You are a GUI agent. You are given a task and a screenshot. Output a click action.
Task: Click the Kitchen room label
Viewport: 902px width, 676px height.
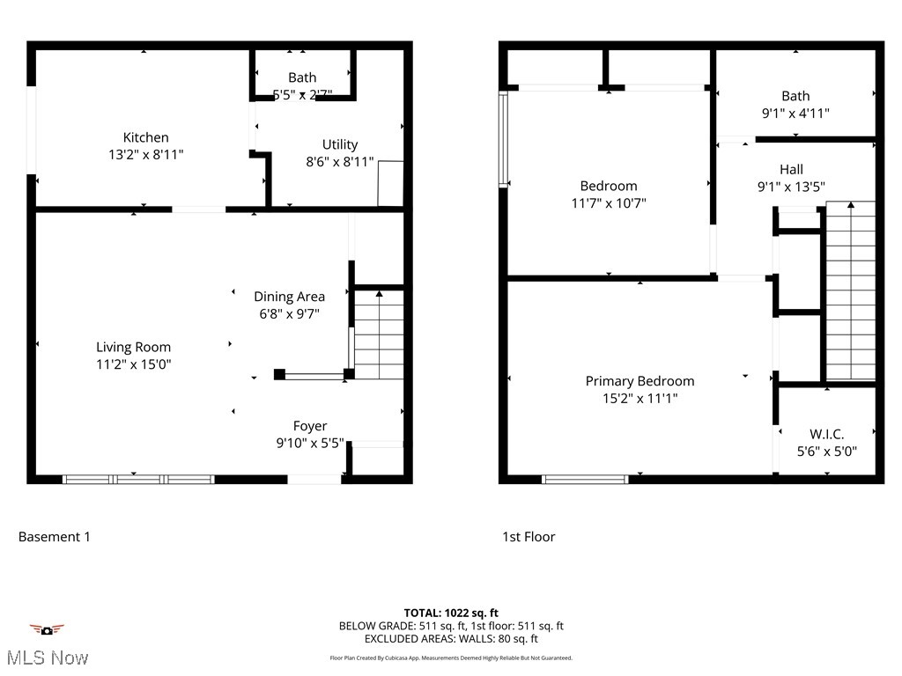(x=145, y=137)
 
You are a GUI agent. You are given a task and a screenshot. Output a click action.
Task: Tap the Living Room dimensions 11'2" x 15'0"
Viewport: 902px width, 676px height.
(x=134, y=364)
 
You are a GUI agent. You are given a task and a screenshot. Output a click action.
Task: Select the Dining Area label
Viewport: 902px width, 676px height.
(x=289, y=297)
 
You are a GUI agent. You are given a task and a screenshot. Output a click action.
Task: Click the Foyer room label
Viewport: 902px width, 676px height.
(x=310, y=426)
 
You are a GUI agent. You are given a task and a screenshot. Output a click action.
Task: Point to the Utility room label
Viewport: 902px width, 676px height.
(x=340, y=144)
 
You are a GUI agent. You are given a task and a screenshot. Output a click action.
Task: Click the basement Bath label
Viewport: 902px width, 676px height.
(x=302, y=77)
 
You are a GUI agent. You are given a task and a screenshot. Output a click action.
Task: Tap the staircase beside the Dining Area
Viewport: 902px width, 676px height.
(x=379, y=334)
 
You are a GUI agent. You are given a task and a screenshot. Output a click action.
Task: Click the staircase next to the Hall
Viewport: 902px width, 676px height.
(x=851, y=290)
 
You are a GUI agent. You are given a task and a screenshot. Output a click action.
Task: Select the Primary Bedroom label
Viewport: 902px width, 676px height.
(x=640, y=381)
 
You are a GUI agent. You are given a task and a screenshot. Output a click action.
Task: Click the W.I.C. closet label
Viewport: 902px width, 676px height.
(x=827, y=434)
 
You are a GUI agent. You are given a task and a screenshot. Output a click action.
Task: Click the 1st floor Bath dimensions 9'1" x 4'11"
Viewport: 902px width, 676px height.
(x=795, y=113)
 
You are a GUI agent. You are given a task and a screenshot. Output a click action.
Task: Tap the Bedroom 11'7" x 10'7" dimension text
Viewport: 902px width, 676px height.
(x=609, y=202)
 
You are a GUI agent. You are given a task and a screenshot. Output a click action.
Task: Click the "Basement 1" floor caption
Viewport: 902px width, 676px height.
(x=55, y=536)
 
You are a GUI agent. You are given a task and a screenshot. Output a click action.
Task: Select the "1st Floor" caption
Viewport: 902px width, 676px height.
(x=529, y=536)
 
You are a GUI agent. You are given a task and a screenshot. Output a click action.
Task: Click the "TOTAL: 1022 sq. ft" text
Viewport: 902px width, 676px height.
(x=451, y=613)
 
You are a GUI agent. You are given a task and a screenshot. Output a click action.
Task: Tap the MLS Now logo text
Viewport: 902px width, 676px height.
(x=46, y=658)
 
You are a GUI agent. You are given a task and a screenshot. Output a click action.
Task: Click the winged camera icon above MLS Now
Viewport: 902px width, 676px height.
(x=47, y=630)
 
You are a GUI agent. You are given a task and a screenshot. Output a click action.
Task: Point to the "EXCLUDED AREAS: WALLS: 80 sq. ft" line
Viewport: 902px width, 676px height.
(x=451, y=639)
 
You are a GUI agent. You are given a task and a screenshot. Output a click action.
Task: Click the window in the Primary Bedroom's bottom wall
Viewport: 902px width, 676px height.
(x=585, y=480)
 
